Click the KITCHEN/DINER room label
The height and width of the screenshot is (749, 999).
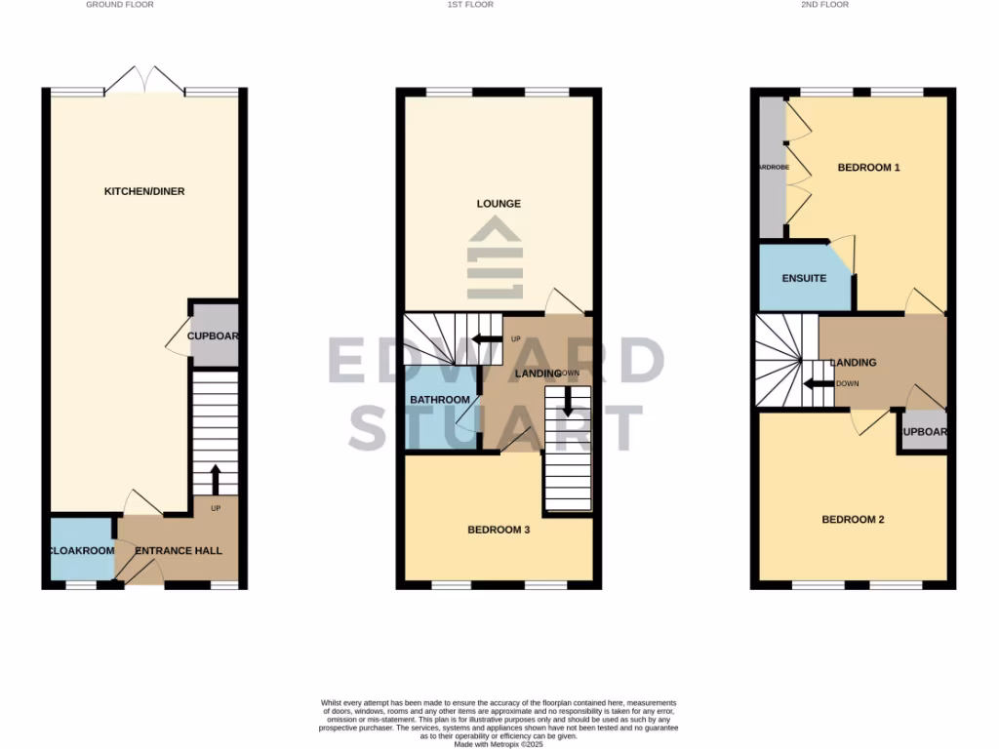tap(144, 191)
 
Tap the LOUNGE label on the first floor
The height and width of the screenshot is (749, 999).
tap(499, 204)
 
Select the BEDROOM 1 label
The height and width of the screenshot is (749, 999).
tap(868, 168)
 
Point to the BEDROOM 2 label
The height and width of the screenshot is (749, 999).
tap(853, 520)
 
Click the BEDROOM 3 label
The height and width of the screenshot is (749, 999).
tap(499, 531)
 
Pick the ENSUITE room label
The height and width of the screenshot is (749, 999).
tap(804, 279)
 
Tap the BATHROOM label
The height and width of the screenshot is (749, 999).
tap(440, 400)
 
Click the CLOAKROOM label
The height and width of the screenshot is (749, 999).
tap(81, 551)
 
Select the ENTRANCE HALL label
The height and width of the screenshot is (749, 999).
tap(179, 551)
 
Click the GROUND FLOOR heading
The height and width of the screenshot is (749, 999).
tap(120, 5)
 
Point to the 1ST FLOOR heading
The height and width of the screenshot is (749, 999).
tap(470, 5)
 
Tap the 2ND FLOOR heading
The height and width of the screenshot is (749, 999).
tap(825, 5)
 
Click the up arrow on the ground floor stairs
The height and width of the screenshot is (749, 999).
tap(216, 479)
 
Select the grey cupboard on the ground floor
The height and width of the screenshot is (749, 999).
tap(214, 335)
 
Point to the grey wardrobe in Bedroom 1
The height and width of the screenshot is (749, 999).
tap(771, 167)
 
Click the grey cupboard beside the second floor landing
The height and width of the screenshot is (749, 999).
tap(923, 432)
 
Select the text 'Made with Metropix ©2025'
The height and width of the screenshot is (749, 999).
tap(499, 743)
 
